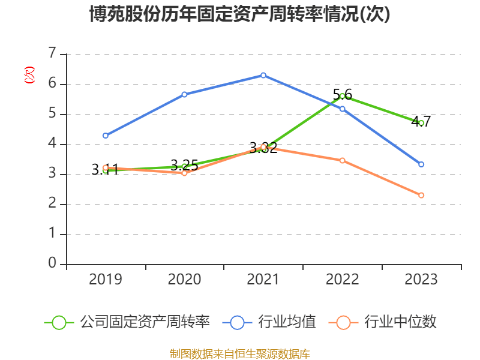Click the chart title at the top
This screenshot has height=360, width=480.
pyautogui.click(x=239, y=14)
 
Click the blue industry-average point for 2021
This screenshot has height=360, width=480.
pyautogui.click(x=263, y=75)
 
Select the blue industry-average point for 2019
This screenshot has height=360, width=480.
pyautogui.click(x=106, y=136)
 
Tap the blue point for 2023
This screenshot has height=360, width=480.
pyautogui.click(x=421, y=164)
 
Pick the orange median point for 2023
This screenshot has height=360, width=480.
pyautogui.click(x=421, y=195)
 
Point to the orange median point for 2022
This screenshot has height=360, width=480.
pyautogui.click(x=342, y=160)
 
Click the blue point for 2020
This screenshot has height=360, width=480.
pyautogui.click(x=184, y=94)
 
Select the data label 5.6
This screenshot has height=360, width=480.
pyautogui.click(x=342, y=94)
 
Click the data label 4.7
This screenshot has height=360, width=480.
pyautogui.click(x=421, y=121)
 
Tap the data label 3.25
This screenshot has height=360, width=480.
pyautogui.click(x=184, y=166)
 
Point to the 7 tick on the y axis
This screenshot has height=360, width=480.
pyautogui.click(x=52, y=54)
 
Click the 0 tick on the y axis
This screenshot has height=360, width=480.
pyautogui.click(x=52, y=264)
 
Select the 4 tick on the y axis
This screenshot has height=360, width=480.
pyautogui.click(x=52, y=144)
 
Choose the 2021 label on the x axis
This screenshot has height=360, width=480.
pyautogui.click(x=263, y=279)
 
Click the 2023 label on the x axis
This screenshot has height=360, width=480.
pyautogui.click(x=421, y=279)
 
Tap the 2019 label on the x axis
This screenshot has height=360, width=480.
pyautogui.click(x=106, y=279)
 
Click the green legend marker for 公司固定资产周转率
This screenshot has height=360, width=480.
pyautogui.click(x=59, y=322)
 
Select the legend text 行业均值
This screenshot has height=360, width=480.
pyautogui.click(x=287, y=322)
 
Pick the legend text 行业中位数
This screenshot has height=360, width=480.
pyautogui.click(x=400, y=322)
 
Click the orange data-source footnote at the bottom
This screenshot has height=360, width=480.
pyautogui.click(x=239, y=353)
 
